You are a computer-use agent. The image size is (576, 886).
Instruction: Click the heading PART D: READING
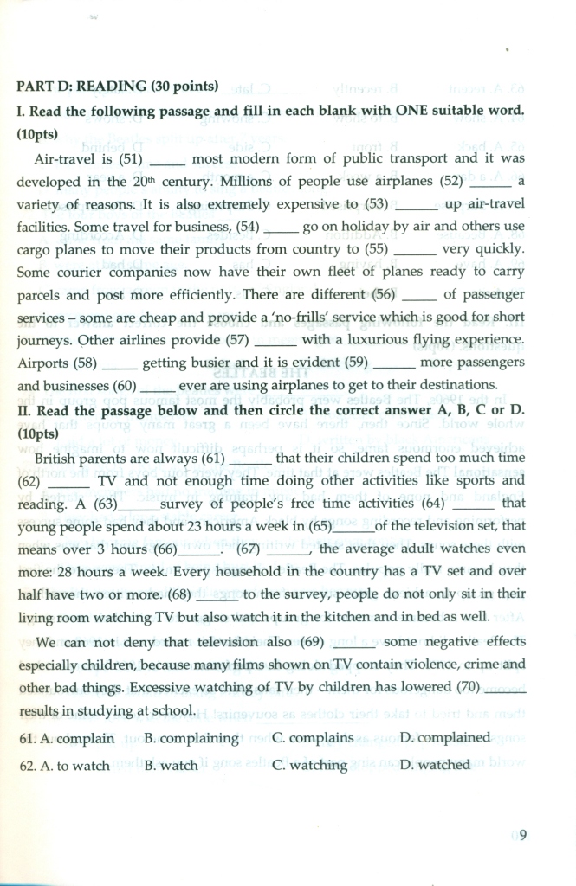pyautogui.click(x=117, y=86)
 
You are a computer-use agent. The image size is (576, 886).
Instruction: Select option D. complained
pyautogui.click(x=444, y=738)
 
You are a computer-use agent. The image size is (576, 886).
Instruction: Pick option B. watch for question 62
pyautogui.click(x=171, y=766)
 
